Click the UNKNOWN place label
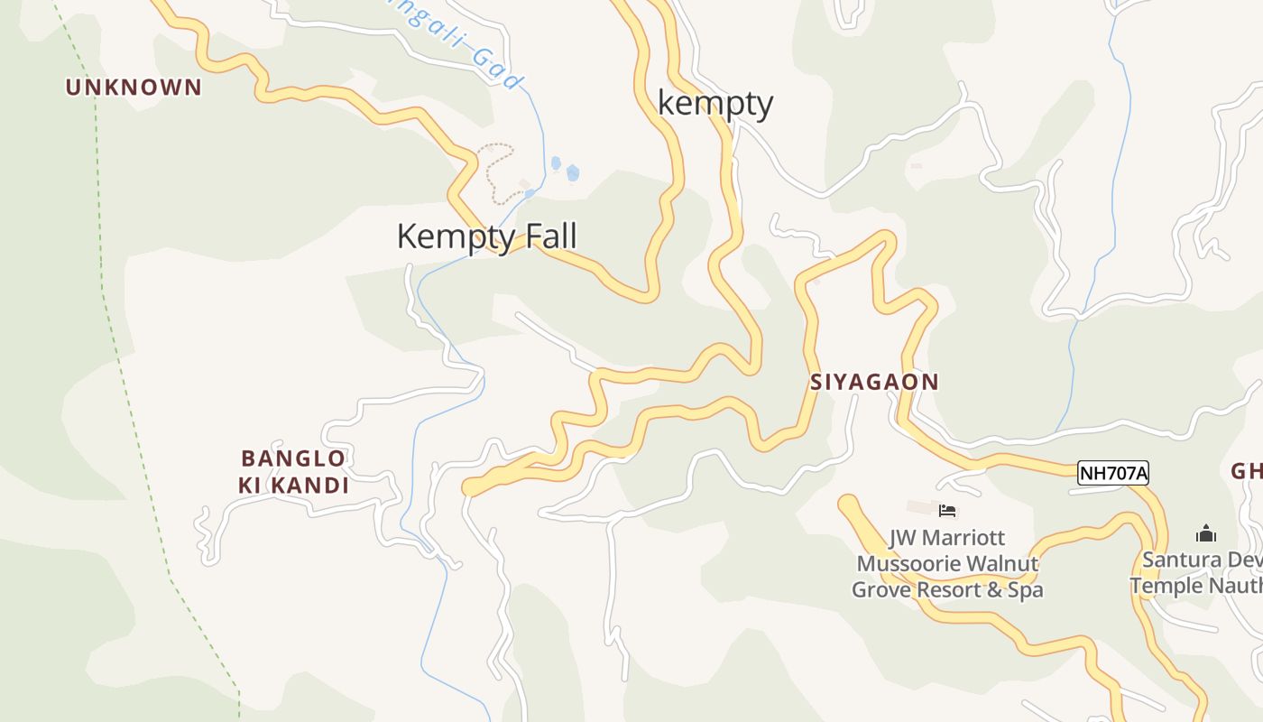coord(134,88)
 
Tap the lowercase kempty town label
coord(714,103)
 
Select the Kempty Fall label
coord(486,236)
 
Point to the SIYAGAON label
coord(874,382)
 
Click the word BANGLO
coord(293,458)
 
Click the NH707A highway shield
coord(1113,472)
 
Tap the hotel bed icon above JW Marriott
coord(946,511)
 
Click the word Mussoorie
coord(908,564)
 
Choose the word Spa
coord(1025,590)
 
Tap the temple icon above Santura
coord(1206,533)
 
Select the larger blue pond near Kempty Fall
coord(572,172)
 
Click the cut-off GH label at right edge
coord(1246,471)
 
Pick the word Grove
coord(881,590)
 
